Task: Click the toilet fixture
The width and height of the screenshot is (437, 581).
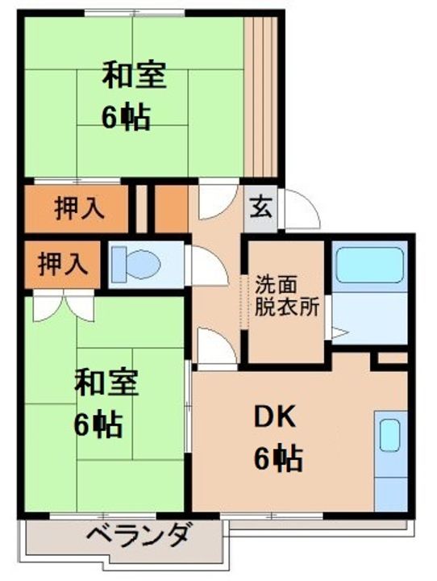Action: pos(136,264)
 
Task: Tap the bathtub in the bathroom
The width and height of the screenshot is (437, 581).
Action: pos(369,266)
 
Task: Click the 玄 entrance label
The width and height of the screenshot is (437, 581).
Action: pos(260,209)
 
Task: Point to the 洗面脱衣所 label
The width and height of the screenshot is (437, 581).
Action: pos(287,296)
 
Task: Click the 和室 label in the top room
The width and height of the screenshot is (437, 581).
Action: pos(134,76)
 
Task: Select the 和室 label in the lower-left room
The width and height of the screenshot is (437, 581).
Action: pos(106,382)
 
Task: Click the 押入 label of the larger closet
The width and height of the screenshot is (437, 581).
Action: pos(79,209)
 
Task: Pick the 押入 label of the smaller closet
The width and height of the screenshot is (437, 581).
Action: pos(63,264)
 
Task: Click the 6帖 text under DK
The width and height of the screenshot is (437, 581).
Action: pos(278,459)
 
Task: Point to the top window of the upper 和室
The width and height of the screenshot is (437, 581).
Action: pos(134,13)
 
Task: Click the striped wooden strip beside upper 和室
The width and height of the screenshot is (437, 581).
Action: pos(260,97)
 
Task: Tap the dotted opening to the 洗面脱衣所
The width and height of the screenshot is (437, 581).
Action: pos(243,302)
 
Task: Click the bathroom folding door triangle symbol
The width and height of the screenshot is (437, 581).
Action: pos(338,332)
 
